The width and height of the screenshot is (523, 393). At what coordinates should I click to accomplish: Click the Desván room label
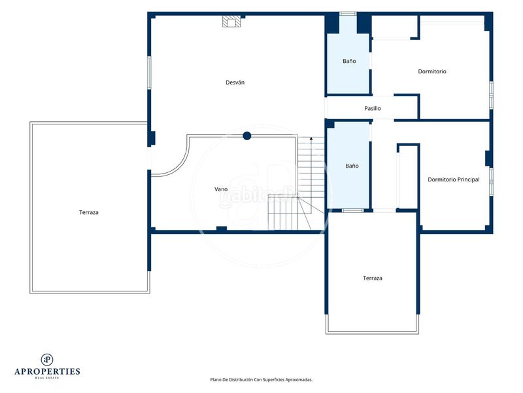[x=235, y=83]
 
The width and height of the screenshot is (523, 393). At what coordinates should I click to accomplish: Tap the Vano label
[x=221, y=189]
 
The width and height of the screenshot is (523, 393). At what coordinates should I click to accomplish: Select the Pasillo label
[x=372, y=108]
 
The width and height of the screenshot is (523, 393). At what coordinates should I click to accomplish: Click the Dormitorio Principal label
[x=454, y=179]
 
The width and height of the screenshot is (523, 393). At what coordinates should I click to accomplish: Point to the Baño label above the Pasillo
[x=349, y=61]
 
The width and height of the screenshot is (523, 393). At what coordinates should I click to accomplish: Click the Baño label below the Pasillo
[x=352, y=166]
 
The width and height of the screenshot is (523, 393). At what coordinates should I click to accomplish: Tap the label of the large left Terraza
[x=89, y=212]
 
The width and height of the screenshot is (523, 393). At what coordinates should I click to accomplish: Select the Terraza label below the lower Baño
[x=373, y=278]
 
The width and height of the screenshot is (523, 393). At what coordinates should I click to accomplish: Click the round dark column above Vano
[x=247, y=136]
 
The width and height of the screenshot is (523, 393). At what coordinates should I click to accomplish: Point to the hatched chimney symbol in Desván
[x=231, y=22]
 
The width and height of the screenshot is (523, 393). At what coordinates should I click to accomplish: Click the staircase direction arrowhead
[x=311, y=138]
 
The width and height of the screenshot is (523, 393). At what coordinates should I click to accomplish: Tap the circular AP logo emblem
[x=47, y=360]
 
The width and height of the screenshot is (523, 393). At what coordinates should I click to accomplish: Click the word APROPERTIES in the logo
[x=47, y=371]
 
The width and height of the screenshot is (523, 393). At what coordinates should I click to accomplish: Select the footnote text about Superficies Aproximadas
[x=261, y=380]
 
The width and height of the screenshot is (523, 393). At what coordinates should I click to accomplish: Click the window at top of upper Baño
[x=348, y=14]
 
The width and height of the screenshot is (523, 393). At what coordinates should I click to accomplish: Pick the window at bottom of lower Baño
[x=353, y=210]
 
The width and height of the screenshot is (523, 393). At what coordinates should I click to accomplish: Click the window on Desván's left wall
[x=149, y=73]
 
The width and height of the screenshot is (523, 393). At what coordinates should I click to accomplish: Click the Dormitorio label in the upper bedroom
[x=432, y=71]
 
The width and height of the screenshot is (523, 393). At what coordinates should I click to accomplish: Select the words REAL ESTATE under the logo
[x=47, y=378]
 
